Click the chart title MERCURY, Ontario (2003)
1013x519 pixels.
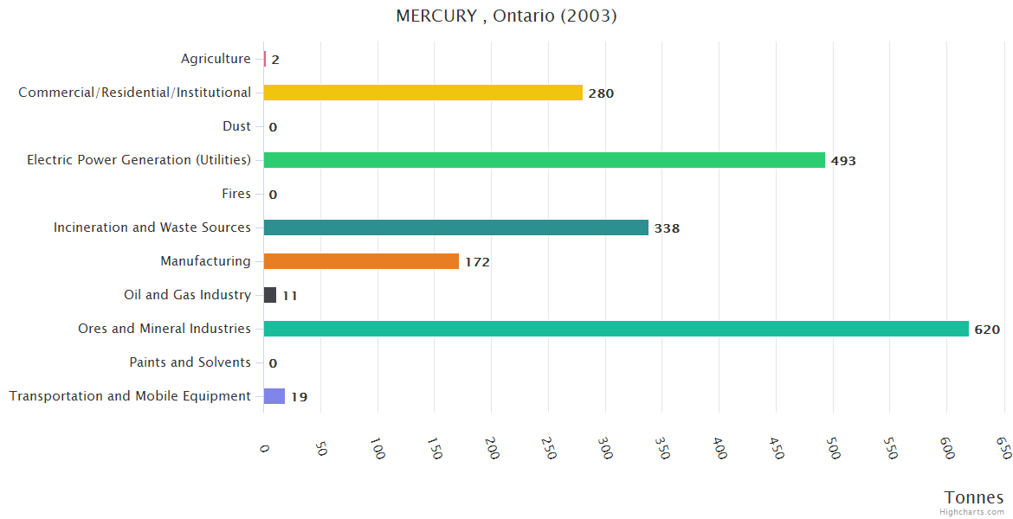click(506, 16)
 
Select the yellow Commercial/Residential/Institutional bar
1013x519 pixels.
click(423, 93)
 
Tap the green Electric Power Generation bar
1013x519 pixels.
click(544, 160)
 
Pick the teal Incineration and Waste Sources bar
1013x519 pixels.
click(455, 227)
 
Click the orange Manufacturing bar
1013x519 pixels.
click(361, 261)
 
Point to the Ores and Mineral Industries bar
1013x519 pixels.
click(616, 329)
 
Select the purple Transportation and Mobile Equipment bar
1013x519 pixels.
click(274, 396)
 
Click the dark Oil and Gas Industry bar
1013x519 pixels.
click(270, 295)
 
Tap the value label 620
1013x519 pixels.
click(987, 330)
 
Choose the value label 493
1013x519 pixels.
click(843, 161)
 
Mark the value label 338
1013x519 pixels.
click(667, 228)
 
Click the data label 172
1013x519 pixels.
click(477, 262)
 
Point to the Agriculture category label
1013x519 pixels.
click(216, 59)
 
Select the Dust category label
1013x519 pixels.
click(236, 126)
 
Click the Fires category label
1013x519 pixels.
click(236, 194)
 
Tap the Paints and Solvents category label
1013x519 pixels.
click(190, 362)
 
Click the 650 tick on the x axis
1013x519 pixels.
click(1003, 447)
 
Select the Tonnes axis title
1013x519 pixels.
click(974, 497)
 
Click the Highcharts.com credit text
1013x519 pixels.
click(974, 512)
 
